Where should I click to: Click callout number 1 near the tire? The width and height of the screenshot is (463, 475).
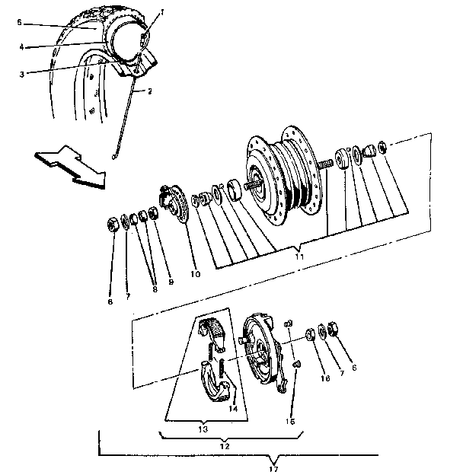[x=161, y=13]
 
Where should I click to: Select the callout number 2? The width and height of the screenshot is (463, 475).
[x=149, y=91]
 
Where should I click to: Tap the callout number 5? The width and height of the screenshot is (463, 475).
[x=19, y=23]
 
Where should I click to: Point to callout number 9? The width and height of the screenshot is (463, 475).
[x=171, y=282]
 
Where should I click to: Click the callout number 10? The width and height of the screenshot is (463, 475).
[x=196, y=273]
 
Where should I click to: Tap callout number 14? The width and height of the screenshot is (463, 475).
[x=233, y=408]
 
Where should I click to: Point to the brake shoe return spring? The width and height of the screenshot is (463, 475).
[x=220, y=372]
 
